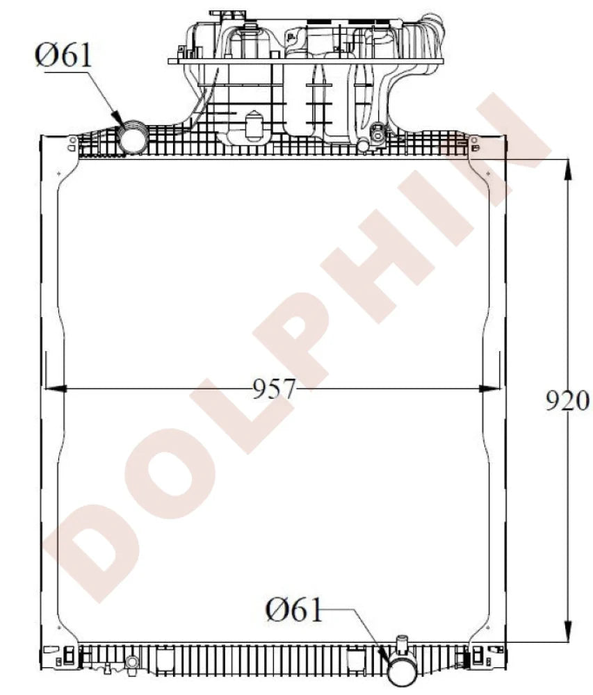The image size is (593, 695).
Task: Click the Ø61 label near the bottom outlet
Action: [x=294, y=610]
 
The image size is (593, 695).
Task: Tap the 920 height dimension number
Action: [x=567, y=401]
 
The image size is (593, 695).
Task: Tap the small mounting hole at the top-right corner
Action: [x=474, y=140]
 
